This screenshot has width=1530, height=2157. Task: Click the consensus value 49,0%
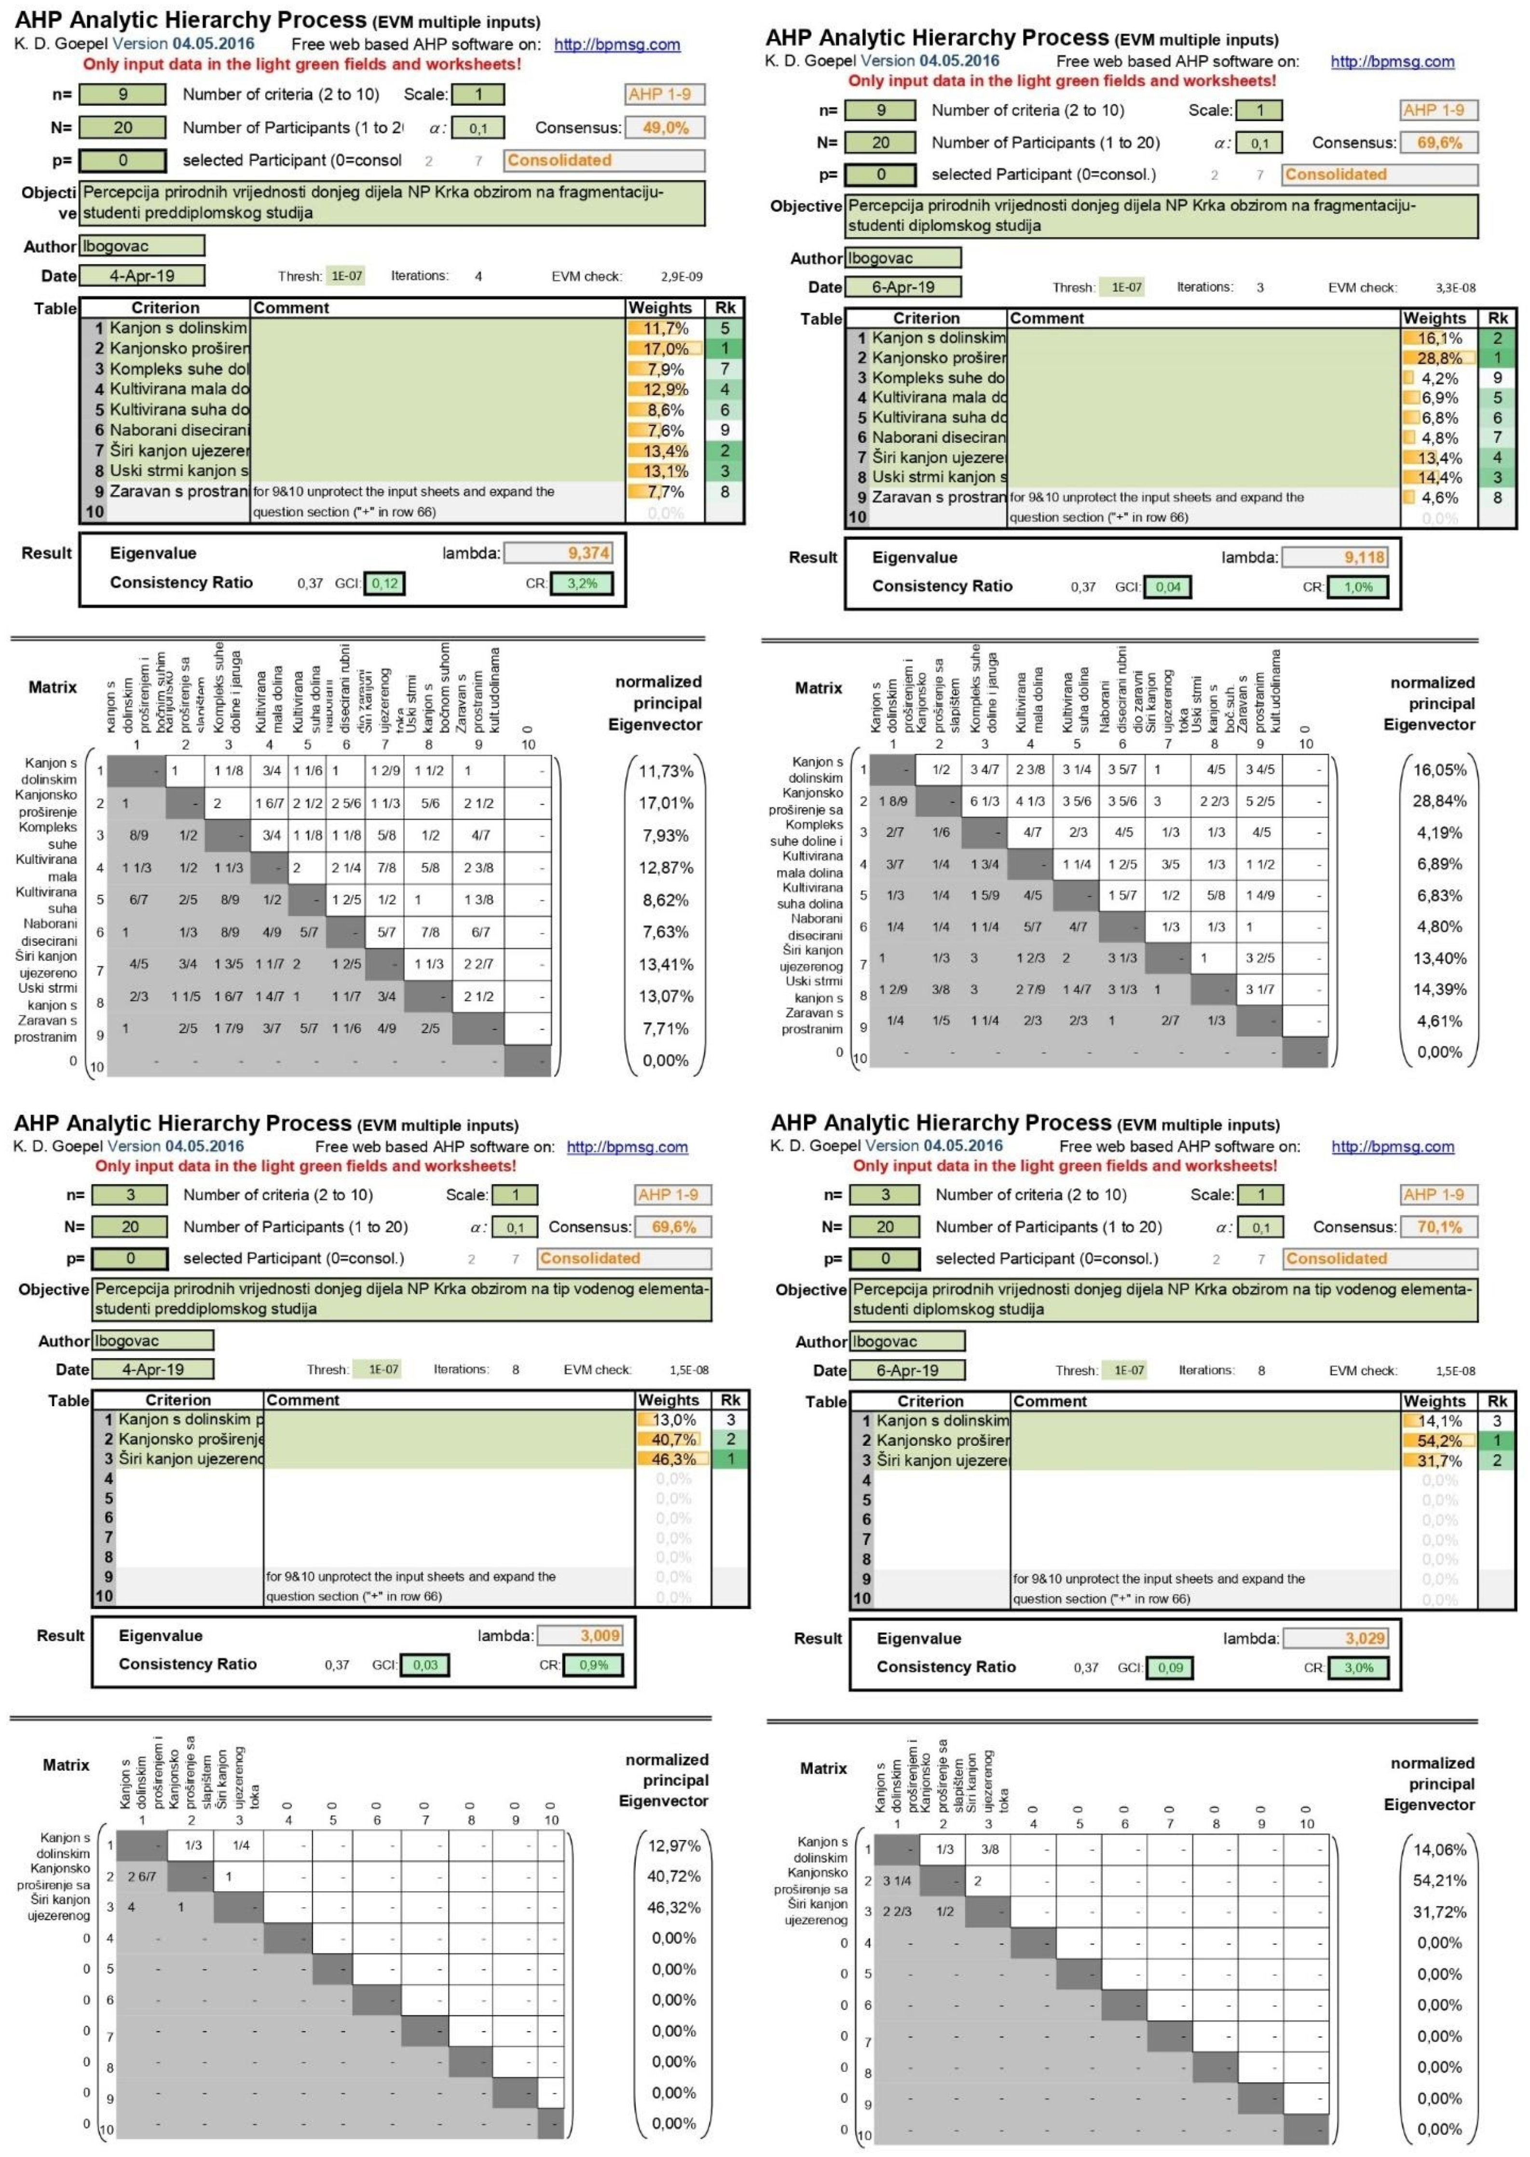(665, 127)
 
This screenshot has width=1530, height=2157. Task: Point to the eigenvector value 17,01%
(667, 803)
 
